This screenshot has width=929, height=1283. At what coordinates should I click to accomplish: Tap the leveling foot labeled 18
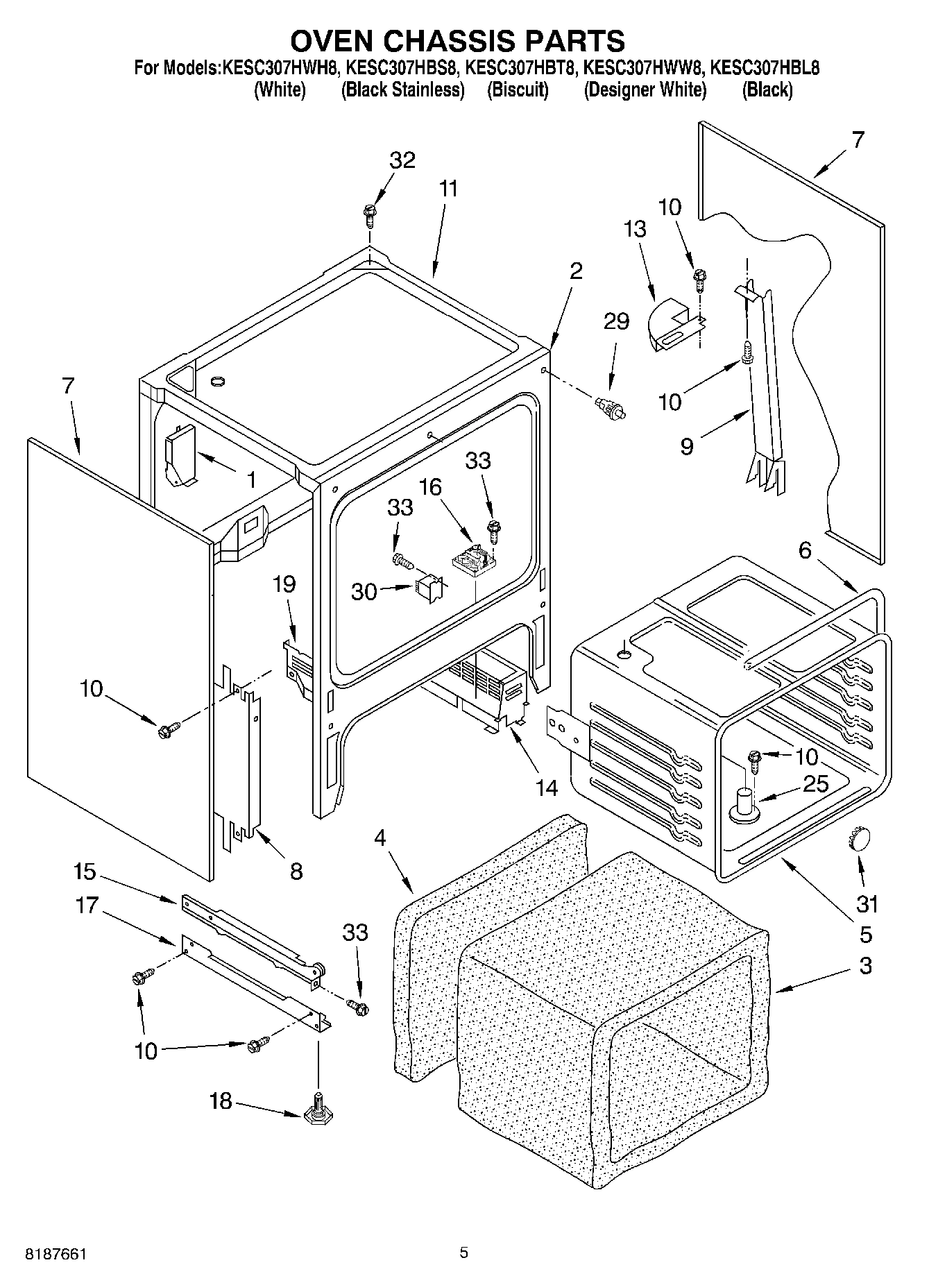click(x=316, y=1114)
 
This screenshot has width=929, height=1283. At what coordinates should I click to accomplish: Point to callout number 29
click(x=616, y=321)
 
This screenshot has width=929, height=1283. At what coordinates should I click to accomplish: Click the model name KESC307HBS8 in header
click(x=402, y=68)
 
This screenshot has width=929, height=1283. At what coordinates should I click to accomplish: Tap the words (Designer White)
click(x=645, y=90)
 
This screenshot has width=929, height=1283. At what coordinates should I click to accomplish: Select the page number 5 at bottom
click(x=463, y=1252)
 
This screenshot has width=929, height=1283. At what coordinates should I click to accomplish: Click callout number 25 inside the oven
click(x=816, y=784)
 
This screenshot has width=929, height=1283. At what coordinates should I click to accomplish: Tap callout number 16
click(x=430, y=487)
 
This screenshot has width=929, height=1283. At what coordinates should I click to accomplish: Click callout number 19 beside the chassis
click(x=284, y=584)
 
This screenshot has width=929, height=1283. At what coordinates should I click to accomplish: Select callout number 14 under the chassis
click(x=547, y=788)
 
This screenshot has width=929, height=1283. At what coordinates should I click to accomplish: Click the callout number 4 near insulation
click(x=380, y=838)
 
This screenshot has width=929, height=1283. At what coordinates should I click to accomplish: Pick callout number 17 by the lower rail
click(x=87, y=906)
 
